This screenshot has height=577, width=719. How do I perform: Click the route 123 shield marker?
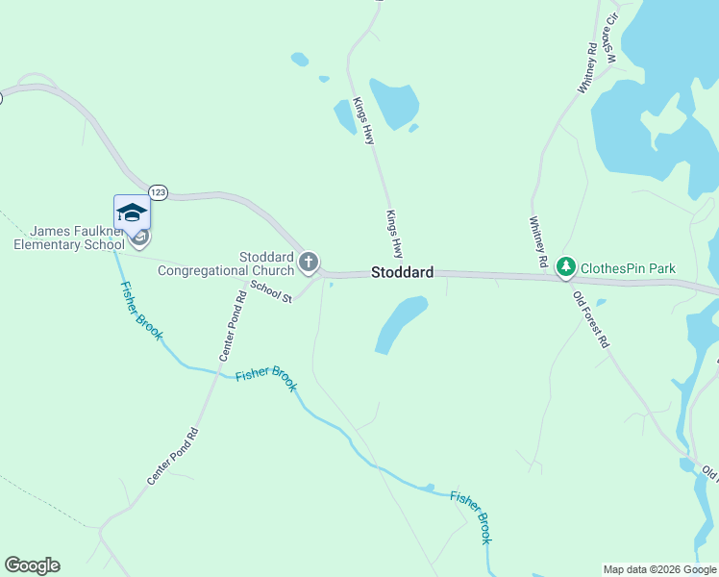[159, 192]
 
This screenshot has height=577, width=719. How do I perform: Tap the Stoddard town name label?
[402, 273]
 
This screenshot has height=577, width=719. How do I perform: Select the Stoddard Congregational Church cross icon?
[309, 262]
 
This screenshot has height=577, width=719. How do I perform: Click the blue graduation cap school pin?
[132, 213]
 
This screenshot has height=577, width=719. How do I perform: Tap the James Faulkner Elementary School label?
[69, 238]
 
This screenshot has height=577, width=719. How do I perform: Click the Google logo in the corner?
[32, 565]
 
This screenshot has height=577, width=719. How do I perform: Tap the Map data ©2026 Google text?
[658, 569]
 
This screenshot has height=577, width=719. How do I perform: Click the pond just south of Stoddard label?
[398, 323]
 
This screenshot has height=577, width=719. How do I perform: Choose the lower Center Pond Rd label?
[172, 456]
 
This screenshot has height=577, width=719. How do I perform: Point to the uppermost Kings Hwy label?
[362, 121]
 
